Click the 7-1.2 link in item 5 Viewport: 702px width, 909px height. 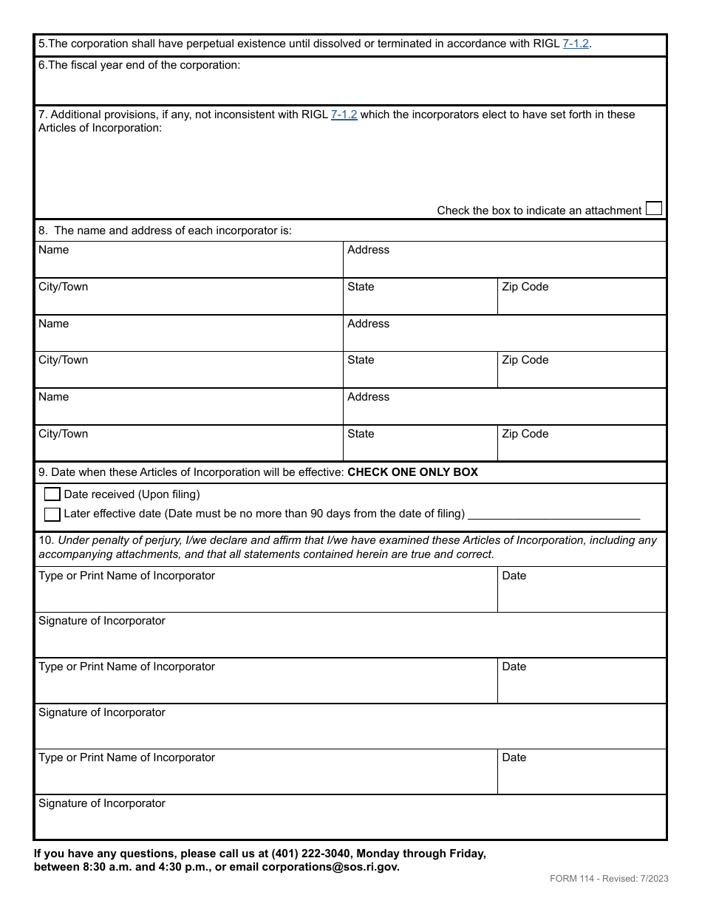[576, 44]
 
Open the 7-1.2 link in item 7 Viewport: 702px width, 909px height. [344, 115]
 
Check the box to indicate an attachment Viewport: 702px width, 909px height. [653, 208]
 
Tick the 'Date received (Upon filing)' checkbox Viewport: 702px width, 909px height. [52, 494]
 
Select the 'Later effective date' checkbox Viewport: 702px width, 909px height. [52, 514]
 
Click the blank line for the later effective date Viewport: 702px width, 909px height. [554, 514]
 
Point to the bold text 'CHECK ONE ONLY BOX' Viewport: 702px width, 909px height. [412, 472]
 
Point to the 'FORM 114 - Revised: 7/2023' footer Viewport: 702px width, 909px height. [609, 879]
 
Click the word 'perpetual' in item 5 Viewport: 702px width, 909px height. [200, 44]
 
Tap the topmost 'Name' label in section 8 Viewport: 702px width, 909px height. [53, 250]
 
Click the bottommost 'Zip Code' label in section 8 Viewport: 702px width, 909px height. [525, 434]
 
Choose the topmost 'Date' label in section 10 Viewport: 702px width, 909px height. [514, 576]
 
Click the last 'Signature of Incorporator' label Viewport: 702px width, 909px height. [102, 803]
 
